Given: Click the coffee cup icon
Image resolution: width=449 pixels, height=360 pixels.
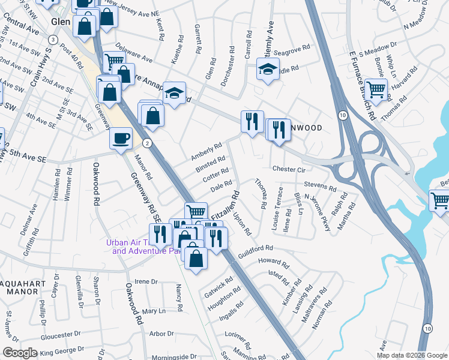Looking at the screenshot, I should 121,138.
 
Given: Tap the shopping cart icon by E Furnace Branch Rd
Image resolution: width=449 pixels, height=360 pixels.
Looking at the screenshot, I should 376,89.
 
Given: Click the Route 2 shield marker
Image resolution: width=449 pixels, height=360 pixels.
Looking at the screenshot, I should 146,143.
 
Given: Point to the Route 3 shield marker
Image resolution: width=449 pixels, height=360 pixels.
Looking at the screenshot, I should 53,40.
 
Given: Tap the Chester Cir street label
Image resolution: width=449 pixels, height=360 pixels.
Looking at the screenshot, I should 289,170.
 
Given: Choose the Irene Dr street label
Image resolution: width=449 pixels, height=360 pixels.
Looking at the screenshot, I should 145,281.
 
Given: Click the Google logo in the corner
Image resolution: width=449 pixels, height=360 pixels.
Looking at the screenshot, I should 20,353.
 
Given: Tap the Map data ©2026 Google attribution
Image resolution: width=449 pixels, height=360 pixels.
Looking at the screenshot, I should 412,355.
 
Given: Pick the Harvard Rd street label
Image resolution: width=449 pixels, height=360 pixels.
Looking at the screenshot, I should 407,80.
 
